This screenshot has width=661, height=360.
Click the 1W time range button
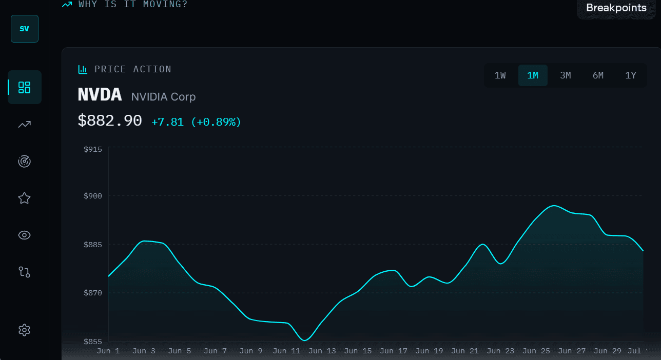(x=500, y=75)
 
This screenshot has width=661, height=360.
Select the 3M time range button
(x=566, y=75)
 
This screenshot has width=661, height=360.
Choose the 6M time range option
(x=598, y=75)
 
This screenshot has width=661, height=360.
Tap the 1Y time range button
(x=631, y=75)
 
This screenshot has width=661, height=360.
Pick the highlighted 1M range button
(x=533, y=75)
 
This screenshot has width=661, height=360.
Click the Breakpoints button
(x=616, y=8)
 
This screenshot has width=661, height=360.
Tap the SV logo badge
(x=25, y=29)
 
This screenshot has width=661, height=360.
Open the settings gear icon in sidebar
(x=24, y=330)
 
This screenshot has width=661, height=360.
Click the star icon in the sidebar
(x=24, y=198)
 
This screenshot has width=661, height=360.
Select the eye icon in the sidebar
(x=24, y=235)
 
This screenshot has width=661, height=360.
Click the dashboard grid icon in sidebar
(x=24, y=87)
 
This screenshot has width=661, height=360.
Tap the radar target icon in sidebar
(x=24, y=161)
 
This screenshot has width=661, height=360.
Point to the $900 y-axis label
(x=93, y=196)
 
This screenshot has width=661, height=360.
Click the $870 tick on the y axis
(x=93, y=293)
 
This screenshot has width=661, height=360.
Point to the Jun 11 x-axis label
(x=286, y=351)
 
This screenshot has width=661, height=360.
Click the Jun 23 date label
(x=500, y=351)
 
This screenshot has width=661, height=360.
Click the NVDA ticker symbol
(x=100, y=95)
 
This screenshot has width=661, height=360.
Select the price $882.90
(x=110, y=121)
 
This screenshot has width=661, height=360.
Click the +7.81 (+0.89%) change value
(x=196, y=122)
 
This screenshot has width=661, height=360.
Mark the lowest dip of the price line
(x=304, y=340)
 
